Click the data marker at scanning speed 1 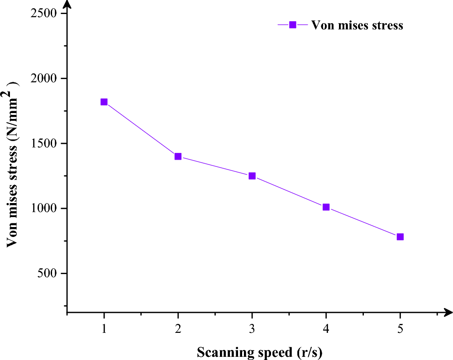(104, 102)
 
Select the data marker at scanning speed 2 (178, 156)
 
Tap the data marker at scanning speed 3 (252, 176)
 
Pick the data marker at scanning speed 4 (326, 207)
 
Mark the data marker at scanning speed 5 (400, 237)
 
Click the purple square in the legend (292, 25)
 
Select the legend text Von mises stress (357, 25)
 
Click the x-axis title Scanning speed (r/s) (259, 352)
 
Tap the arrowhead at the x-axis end (448, 312)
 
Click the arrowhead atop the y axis (67, 5)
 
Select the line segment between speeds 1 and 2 (141, 129)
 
